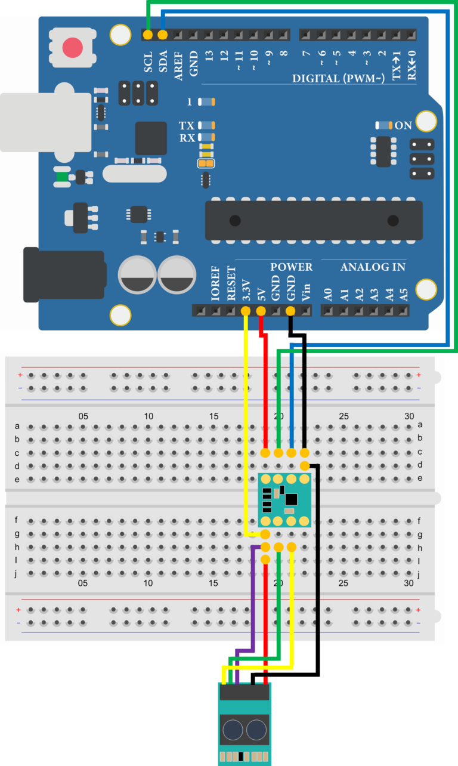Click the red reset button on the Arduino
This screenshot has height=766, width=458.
point(73,48)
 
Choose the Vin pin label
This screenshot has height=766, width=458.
point(306,291)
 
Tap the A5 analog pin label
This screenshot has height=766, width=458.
point(404,294)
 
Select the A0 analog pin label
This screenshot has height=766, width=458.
point(327,294)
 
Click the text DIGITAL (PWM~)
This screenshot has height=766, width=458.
point(338,79)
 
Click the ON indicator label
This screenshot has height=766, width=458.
point(403,125)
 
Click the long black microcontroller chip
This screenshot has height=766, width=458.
point(314,221)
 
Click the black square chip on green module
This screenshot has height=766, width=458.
point(291,499)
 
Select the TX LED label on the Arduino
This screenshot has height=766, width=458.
point(187,126)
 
